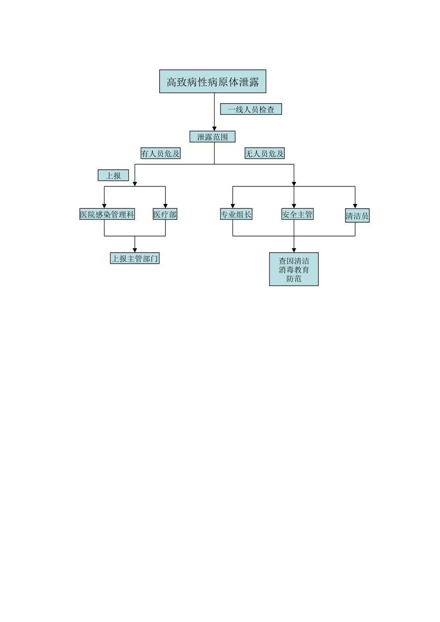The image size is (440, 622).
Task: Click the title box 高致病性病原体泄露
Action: pos(213,81)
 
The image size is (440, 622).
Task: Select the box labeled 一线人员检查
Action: pos(251,109)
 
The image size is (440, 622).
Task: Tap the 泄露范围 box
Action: pos(213,137)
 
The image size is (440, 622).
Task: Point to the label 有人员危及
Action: pos(160,153)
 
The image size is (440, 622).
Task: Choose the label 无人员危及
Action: pos(264,153)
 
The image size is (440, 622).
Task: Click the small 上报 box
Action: pos(113,175)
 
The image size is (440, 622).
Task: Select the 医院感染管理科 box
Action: pos(107,214)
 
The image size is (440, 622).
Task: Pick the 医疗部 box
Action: pos(165,214)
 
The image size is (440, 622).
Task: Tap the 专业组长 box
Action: pos(236,214)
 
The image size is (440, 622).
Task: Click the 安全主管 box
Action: pos(297,214)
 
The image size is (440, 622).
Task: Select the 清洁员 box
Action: pos(357,216)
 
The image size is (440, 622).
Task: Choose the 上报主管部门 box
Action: pos(135,258)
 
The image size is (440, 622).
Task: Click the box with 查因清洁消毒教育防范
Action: pos(294,269)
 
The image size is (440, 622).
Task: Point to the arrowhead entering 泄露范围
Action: pos(214,129)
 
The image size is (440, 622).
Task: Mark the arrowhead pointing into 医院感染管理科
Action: pos(104,206)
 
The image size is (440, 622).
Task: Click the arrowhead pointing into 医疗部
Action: pos(165,206)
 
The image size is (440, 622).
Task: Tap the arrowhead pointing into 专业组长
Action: pos(233,206)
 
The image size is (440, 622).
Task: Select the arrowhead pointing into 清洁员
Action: pos(355,207)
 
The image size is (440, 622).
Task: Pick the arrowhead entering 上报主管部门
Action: pos(135,250)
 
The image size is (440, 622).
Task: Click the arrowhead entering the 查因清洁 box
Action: pos(294,250)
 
